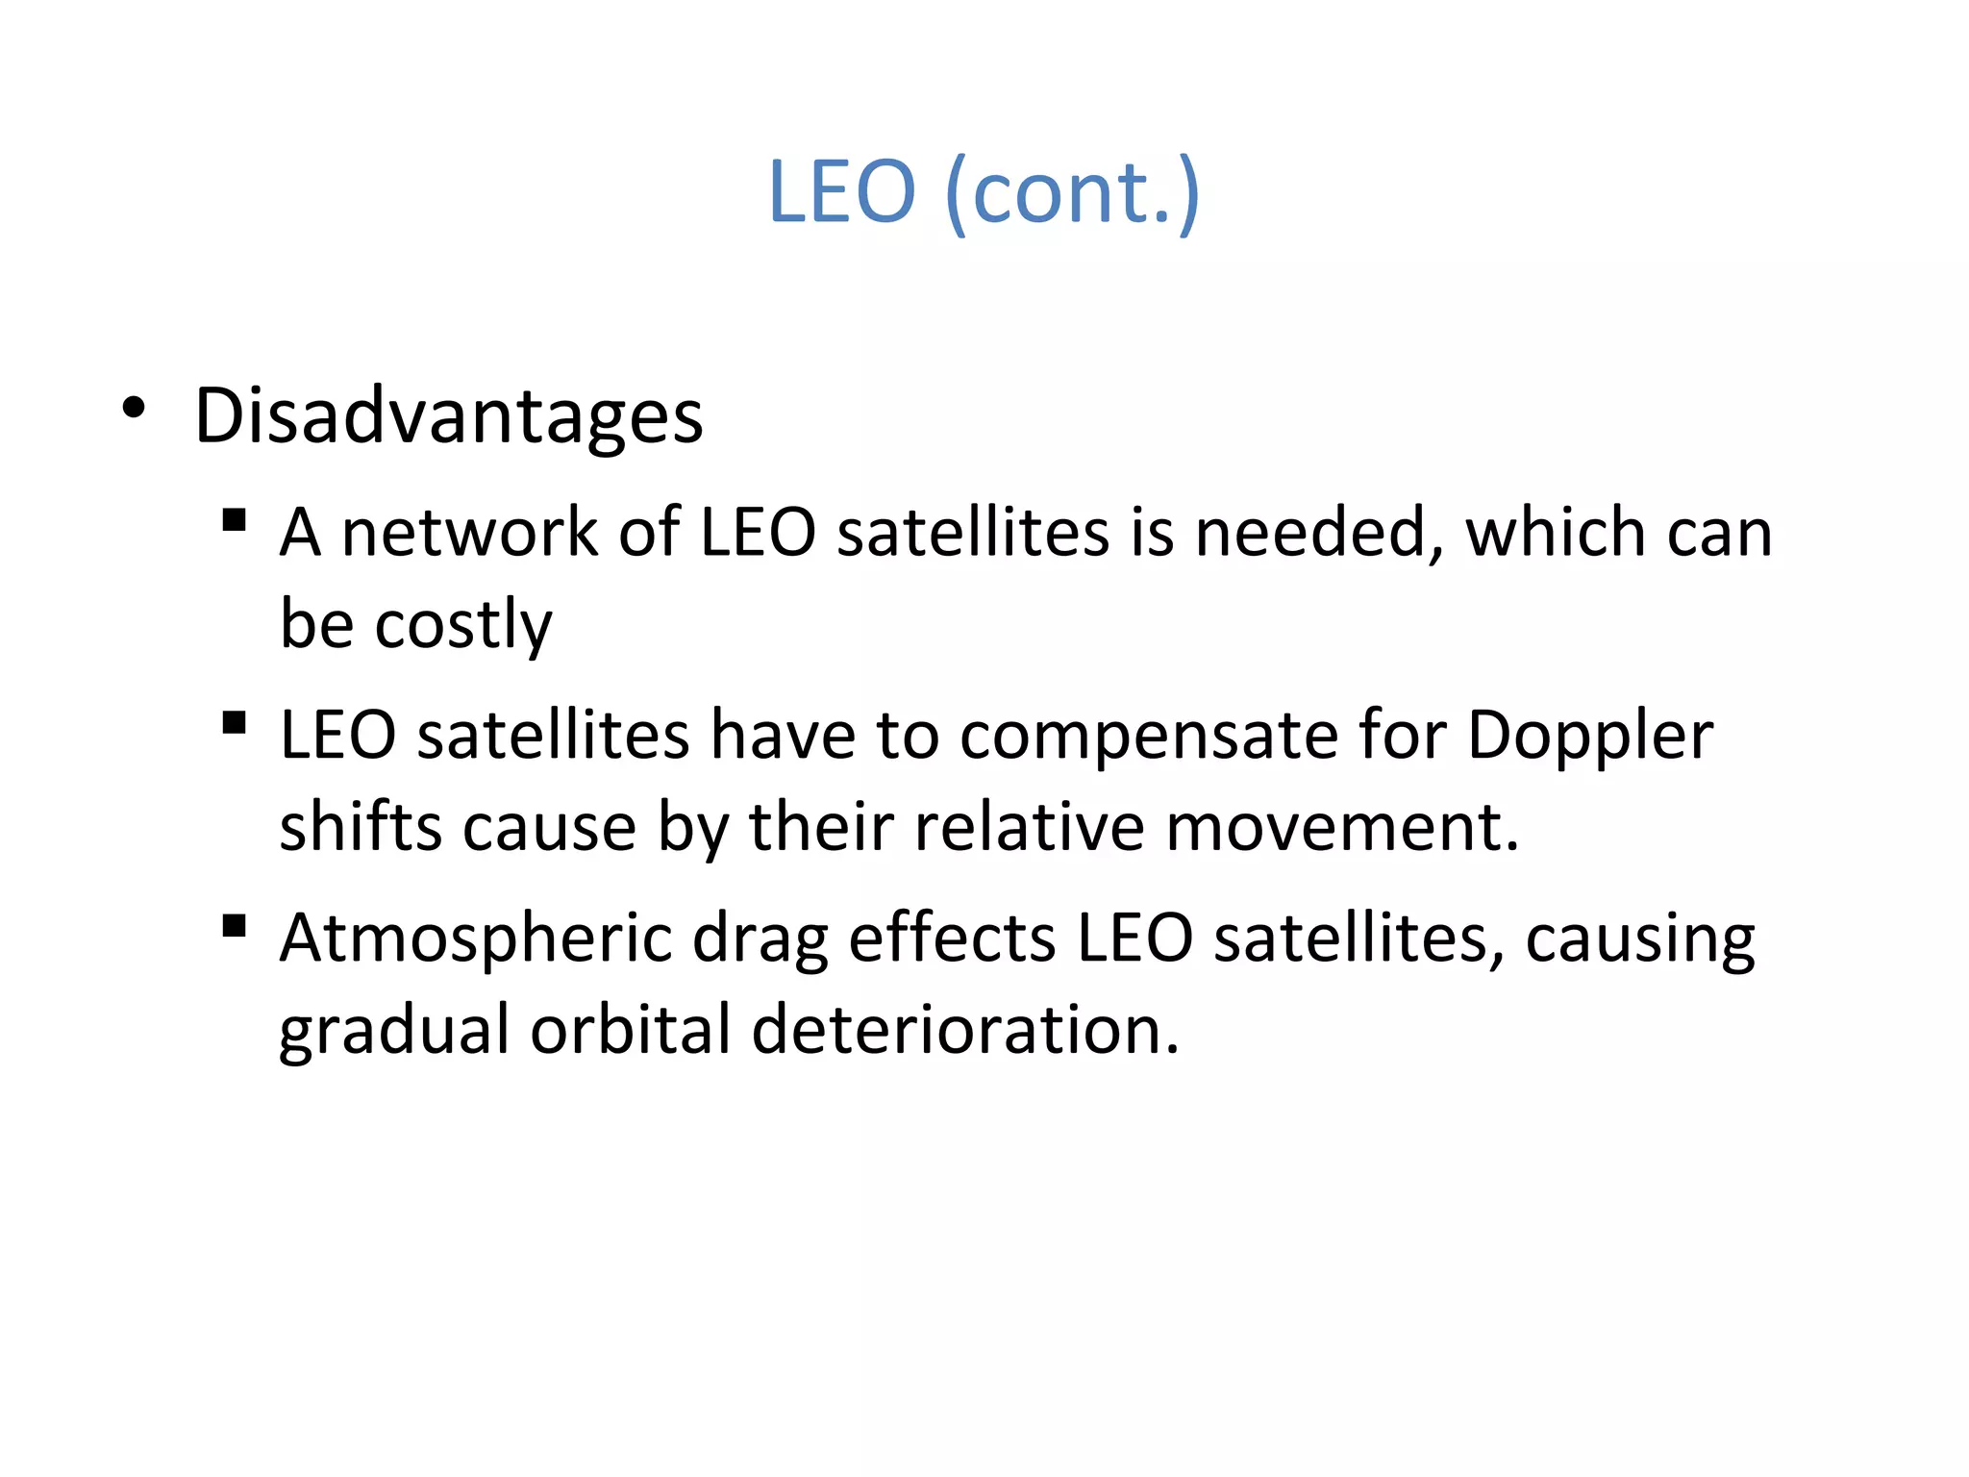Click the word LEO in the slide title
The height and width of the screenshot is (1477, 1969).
tap(841, 191)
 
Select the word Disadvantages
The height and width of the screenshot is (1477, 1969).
tap(449, 416)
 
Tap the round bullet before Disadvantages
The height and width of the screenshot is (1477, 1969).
tap(134, 409)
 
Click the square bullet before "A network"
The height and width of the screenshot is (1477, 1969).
tap(234, 520)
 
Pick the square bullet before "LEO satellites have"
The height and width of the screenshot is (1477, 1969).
tap(234, 723)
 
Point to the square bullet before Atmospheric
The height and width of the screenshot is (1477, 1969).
tap(234, 926)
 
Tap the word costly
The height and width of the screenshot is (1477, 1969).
tap(463, 626)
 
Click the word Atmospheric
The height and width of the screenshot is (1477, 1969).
tap(476, 939)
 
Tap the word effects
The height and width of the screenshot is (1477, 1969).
tap(952, 938)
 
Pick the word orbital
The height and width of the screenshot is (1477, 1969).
tap(631, 1030)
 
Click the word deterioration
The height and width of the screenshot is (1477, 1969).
tap(964, 1030)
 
